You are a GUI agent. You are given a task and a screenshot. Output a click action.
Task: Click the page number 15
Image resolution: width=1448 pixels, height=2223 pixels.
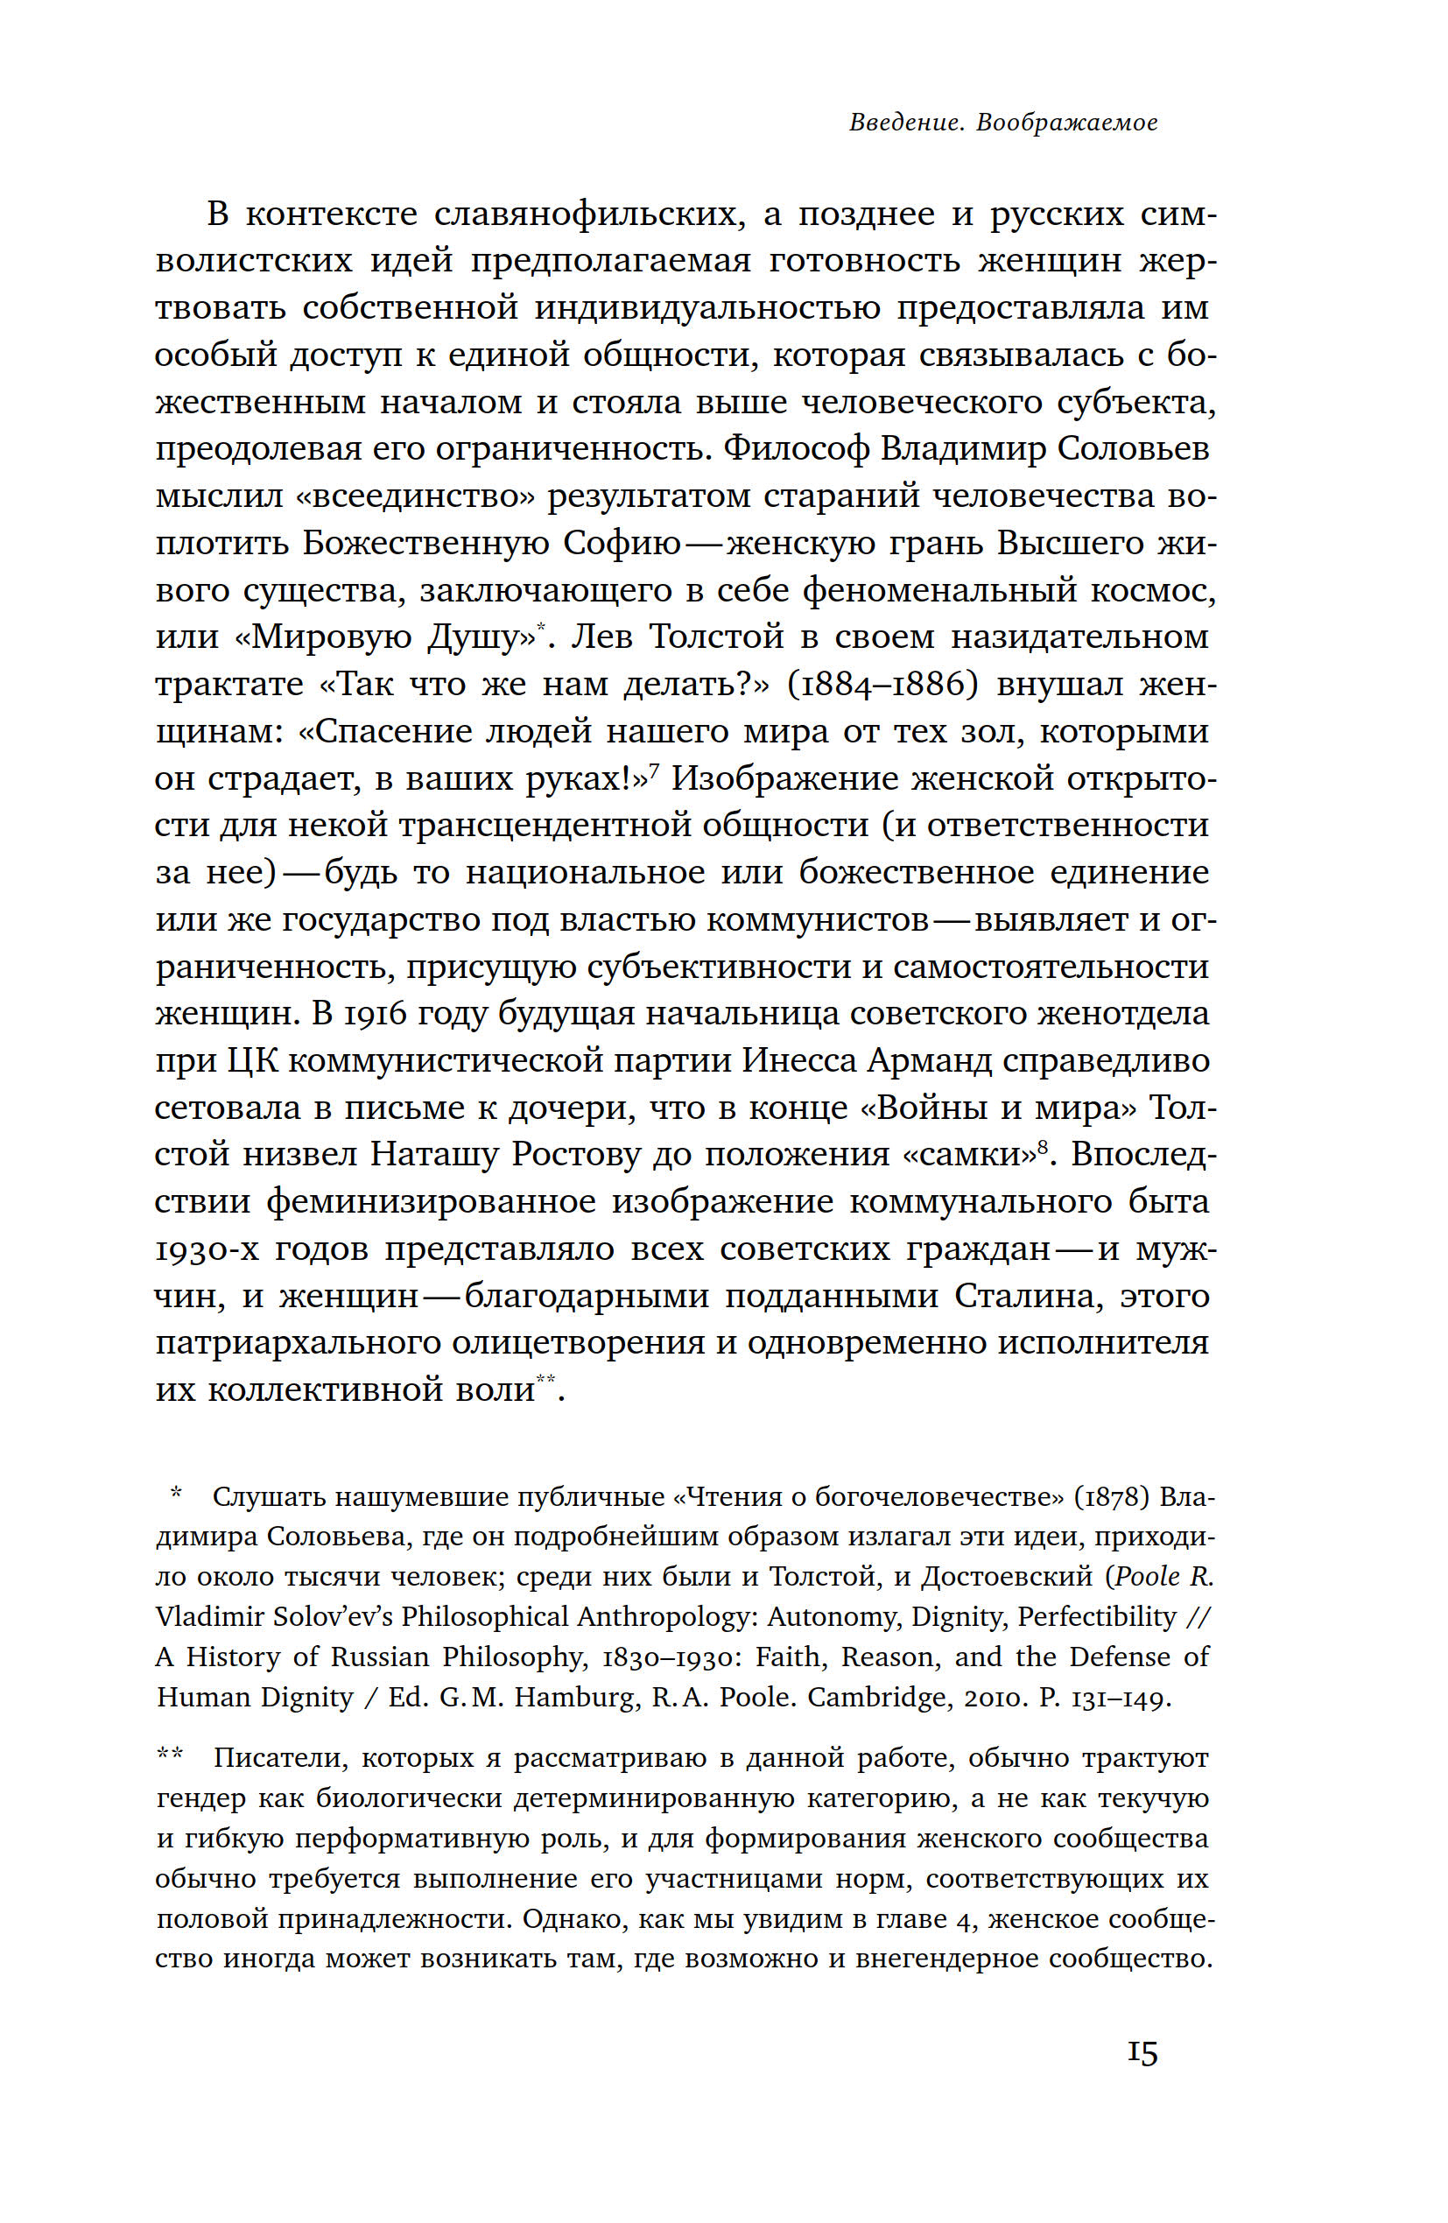pos(1142,2053)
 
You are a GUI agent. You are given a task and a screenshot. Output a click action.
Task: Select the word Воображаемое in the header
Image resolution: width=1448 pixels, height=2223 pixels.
pos(1067,123)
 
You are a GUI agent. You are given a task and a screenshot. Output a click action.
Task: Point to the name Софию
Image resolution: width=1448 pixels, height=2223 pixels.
pos(622,543)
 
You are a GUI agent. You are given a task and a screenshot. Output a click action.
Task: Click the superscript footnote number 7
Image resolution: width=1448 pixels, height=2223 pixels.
pos(654,768)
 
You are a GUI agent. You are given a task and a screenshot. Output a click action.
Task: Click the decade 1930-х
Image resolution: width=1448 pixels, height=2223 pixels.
pos(207,1249)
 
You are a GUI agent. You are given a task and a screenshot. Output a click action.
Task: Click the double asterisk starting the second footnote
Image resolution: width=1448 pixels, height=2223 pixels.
pos(170,1754)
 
